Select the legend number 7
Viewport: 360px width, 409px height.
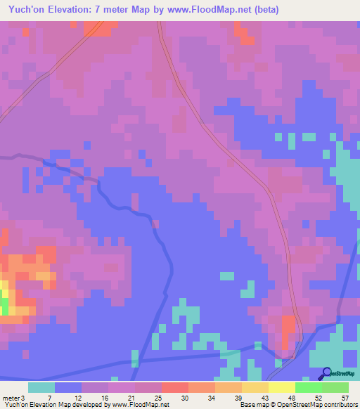[x=49, y=398]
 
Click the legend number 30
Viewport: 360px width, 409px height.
[x=184, y=398]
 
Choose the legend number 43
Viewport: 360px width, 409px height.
[x=264, y=398]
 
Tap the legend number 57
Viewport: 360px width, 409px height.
[x=345, y=398]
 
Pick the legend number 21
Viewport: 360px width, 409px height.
[x=130, y=398]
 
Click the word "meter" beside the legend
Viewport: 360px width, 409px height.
[x=11, y=398]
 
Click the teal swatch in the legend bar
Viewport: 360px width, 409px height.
[x=41, y=387]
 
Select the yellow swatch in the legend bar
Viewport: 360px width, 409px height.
[x=281, y=387]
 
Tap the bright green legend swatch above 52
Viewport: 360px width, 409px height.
[x=308, y=387]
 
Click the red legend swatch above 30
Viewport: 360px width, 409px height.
[x=174, y=387]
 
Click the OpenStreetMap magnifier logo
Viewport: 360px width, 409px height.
[x=326, y=374]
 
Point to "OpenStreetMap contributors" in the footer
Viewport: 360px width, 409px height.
[x=317, y=405]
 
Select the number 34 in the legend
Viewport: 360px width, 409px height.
[x=210, y=398]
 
